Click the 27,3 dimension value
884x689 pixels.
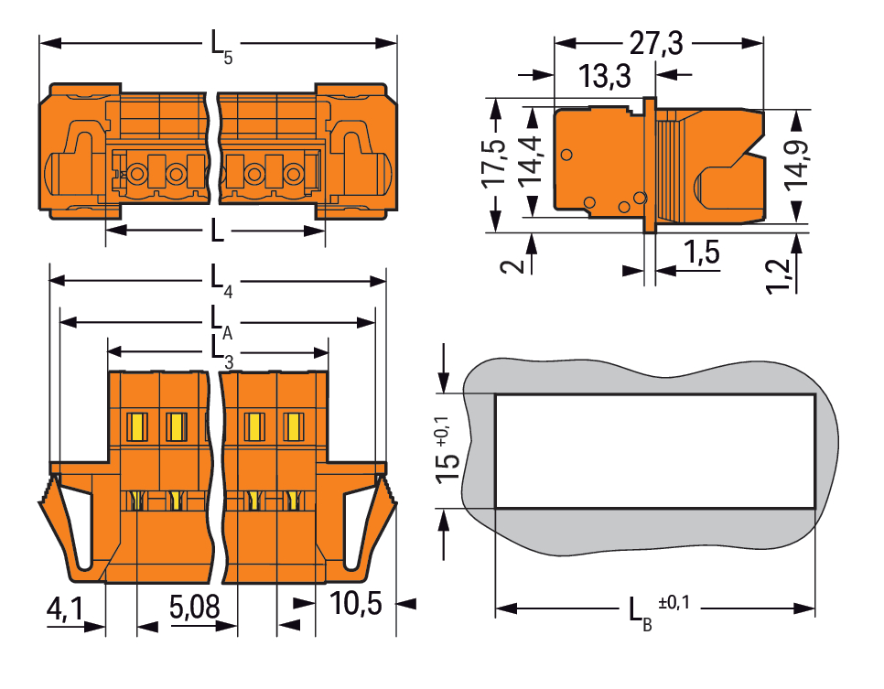(655, 43)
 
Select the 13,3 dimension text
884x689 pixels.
(604, 76)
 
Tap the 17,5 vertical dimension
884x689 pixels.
(493, 163)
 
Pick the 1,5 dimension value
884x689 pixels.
(702, 252)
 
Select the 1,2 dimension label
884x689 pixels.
(779, 275)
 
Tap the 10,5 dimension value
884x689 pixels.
(356, 603)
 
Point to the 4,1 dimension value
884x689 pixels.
(65, 608)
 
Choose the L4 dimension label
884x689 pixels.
(221, 280)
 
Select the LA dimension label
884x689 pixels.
(221, 322)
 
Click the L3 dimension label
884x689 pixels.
(221, 352)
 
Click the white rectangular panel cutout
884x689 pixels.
(655, 451)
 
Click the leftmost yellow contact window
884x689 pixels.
(136, 426)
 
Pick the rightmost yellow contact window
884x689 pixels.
(293, 426)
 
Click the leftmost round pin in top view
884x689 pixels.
(137, 174)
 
